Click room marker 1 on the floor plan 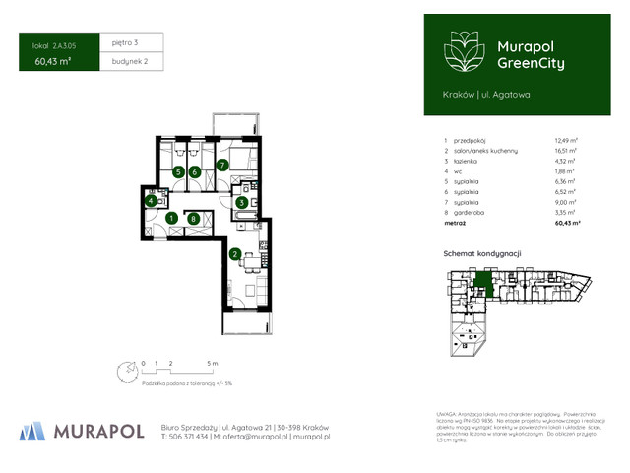171,218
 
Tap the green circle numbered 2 234,253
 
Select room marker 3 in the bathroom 240,202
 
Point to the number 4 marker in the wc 151,201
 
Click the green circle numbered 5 178,171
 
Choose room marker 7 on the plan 196,171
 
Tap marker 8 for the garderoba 223,164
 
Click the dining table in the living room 194,218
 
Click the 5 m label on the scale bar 213,363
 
